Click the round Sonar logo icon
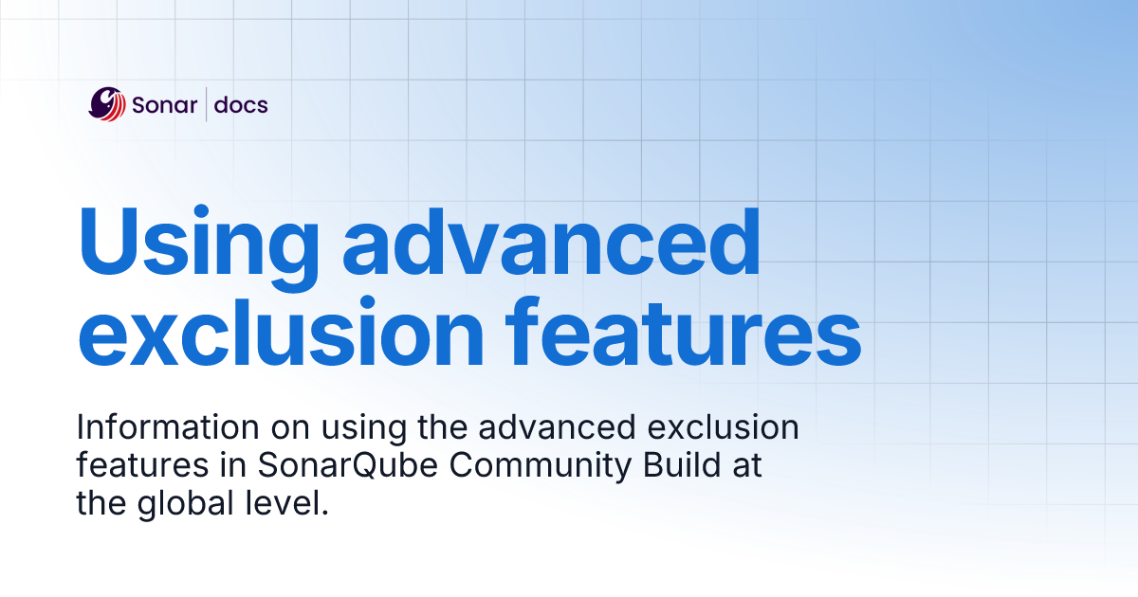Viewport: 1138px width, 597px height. pos(107,104)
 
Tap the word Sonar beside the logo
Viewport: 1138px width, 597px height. pos(165,104)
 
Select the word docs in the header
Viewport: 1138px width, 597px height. pos(241,104)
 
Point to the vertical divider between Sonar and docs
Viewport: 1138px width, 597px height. pos(206,104)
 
